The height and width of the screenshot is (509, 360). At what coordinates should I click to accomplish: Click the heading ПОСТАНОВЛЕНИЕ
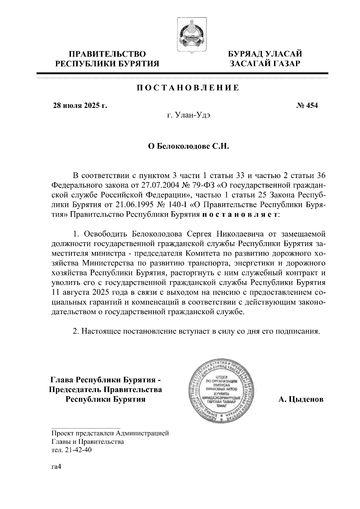[x=188, y=88]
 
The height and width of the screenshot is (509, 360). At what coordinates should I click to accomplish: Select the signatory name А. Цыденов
[x=301, y=400]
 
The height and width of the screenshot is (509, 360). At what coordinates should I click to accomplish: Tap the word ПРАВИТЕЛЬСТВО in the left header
[x=107, y=55]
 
